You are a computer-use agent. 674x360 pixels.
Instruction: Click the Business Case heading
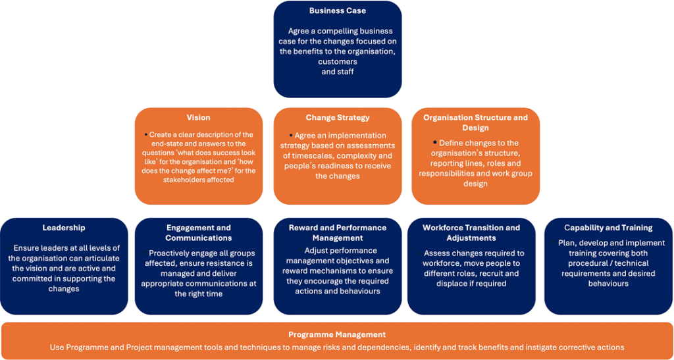338,11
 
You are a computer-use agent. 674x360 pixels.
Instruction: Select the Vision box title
199,117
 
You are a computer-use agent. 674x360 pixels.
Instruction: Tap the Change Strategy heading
338,117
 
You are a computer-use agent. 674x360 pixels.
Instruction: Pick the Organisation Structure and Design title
475,122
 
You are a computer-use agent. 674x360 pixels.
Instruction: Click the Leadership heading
64,228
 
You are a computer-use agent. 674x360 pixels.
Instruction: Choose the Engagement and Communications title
199,232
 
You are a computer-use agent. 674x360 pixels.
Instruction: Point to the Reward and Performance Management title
338,232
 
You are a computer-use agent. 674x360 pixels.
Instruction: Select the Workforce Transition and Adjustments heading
471,232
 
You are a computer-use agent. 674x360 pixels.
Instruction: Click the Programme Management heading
337,334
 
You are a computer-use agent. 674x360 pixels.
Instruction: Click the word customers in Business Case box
338,62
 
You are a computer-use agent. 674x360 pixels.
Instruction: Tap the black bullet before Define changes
434,141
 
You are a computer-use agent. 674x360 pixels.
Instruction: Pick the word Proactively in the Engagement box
168,253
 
